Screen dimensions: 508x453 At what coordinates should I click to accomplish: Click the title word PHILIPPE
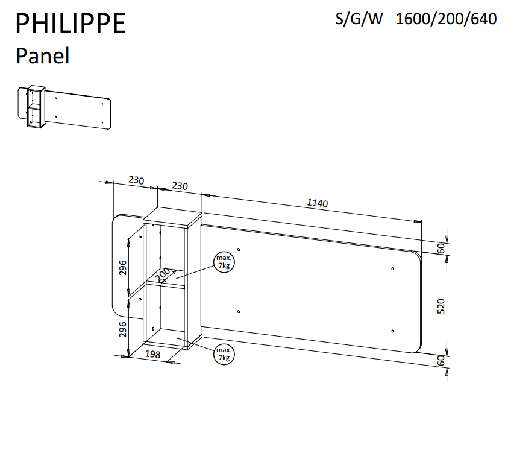(71, 23)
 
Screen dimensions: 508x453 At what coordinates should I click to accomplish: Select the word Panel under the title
(42, 55)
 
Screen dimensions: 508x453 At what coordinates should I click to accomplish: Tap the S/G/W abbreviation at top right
(359, 19)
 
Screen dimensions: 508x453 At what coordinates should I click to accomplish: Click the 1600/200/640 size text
(446, 19)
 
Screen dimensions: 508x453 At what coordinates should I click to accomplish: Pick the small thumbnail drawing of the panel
(64, 107)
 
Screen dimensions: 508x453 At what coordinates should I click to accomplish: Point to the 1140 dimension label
(318, 203)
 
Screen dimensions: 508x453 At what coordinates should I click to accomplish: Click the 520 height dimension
(441, 306)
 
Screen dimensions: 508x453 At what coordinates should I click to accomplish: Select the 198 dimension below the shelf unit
(152, 354)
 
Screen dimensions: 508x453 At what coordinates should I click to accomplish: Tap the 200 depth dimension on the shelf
(163, 274)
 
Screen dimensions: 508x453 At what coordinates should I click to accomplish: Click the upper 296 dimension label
(123, 268)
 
